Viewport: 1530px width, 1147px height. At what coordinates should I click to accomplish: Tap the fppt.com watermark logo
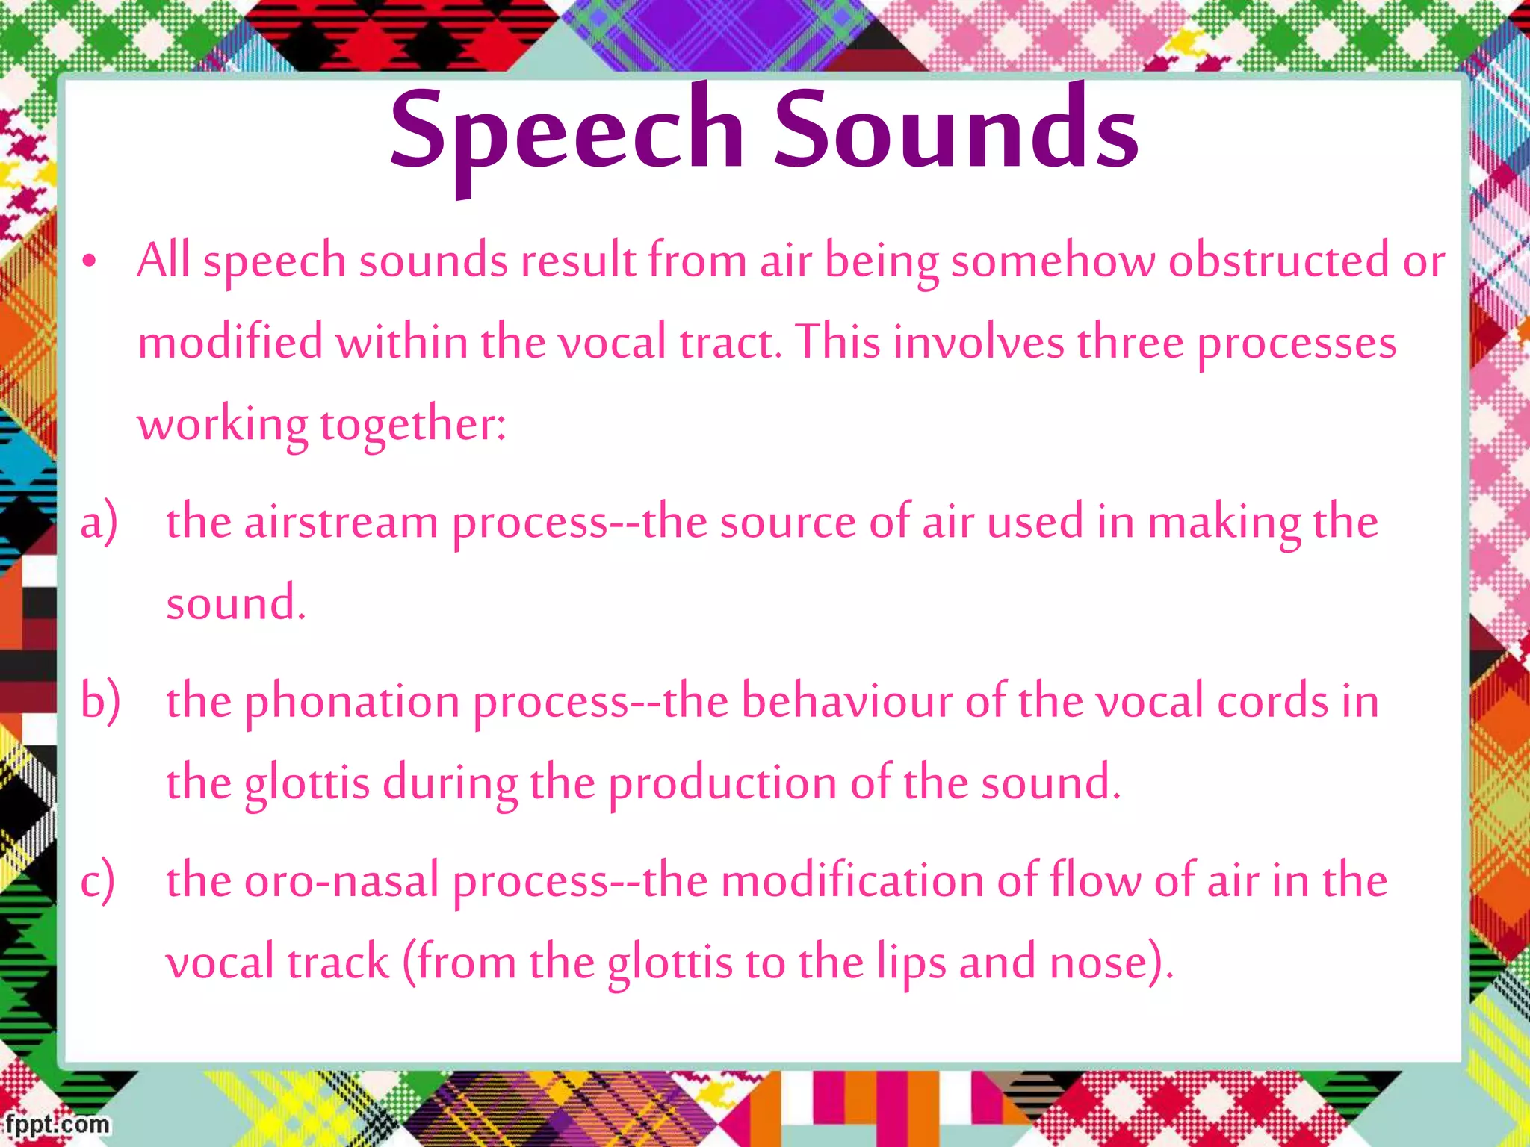click(57, 1124)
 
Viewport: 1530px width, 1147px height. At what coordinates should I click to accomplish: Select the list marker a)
click(99, 521)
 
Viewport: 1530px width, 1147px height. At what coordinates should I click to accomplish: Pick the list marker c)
click(98, 880)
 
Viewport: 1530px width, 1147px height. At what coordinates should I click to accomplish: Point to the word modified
click(230, 343)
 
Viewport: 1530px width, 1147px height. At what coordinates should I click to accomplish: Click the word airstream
click(341, 522)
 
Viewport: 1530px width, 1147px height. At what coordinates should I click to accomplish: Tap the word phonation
click(352, 703)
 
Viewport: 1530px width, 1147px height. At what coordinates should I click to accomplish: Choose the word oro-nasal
click(341, 881)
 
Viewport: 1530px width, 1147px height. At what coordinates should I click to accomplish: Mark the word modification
click(852, 881)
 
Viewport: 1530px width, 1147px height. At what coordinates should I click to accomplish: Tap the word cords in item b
click(1273, 702)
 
